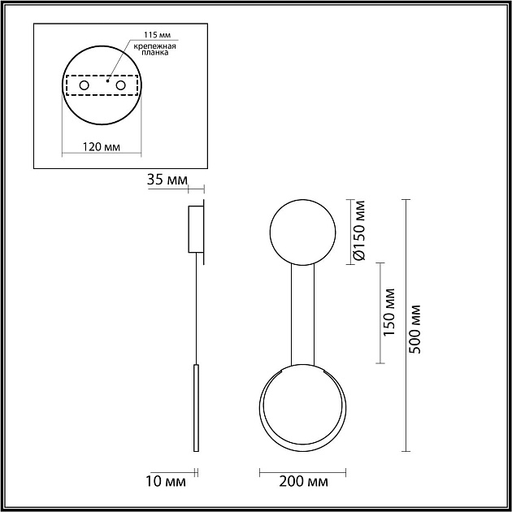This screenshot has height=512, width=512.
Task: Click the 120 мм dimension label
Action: click(102, 147)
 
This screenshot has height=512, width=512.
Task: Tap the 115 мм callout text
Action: click(158, 35)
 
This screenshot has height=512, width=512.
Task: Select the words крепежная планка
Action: click(155, 50)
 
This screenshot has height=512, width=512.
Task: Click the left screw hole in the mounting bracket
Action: click(84, 85)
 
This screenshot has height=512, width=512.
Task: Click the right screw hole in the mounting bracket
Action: click(120, 85)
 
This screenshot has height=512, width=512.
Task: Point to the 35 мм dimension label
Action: click(167, 180)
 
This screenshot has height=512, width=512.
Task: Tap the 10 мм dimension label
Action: click(166, 482)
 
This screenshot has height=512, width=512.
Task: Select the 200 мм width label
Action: click(303, 482)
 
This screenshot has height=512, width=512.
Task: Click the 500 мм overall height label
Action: click(415, 329)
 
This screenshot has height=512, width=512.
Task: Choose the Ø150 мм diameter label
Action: click(359, 231)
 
